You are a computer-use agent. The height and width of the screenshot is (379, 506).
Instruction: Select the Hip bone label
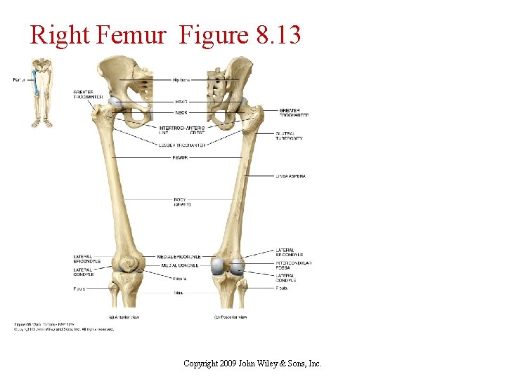[x=181, y=80]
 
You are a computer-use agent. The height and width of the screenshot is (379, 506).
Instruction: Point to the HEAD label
[x=180, y=102]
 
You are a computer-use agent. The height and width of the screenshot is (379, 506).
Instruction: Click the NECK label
[x=180, y=112]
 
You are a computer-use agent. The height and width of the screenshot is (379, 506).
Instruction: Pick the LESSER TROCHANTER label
[x=182, y=145]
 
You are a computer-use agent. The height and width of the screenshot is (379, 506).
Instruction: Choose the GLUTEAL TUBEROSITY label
[x=289, y=135]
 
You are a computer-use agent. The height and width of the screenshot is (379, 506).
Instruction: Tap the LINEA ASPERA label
[x=290, y=175]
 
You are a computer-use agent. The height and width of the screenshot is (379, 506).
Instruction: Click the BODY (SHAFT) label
[x=181, y=201]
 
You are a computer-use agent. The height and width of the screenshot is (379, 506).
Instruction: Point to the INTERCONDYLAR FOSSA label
[x=293, y=265]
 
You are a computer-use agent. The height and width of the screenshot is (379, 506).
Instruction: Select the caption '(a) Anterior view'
[x=124, y=317]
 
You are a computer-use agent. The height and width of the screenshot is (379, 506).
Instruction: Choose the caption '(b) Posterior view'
[x=231, y=317]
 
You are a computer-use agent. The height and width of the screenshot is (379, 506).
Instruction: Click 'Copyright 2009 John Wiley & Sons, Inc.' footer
[x=252, y=364]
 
